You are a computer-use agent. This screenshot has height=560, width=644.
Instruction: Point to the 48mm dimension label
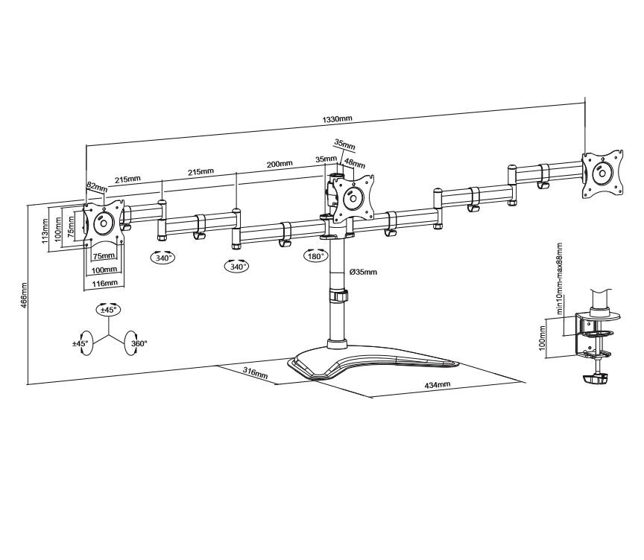click(x=355, y=163)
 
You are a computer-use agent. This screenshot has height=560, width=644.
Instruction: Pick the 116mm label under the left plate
click(x=105, y=283)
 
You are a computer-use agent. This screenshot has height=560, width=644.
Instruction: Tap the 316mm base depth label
click(x=256, y=372)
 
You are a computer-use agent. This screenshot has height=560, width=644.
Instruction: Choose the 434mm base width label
click(x=438, y=384)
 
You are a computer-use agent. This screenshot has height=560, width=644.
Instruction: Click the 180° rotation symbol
click(x=315, y=256)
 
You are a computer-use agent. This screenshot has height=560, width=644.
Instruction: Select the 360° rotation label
click(x=139, y=343)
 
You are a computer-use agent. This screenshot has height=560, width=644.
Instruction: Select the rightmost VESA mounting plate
click(x=602, y=174)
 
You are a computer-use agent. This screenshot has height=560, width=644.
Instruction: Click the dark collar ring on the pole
click(x=339, y=296)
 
